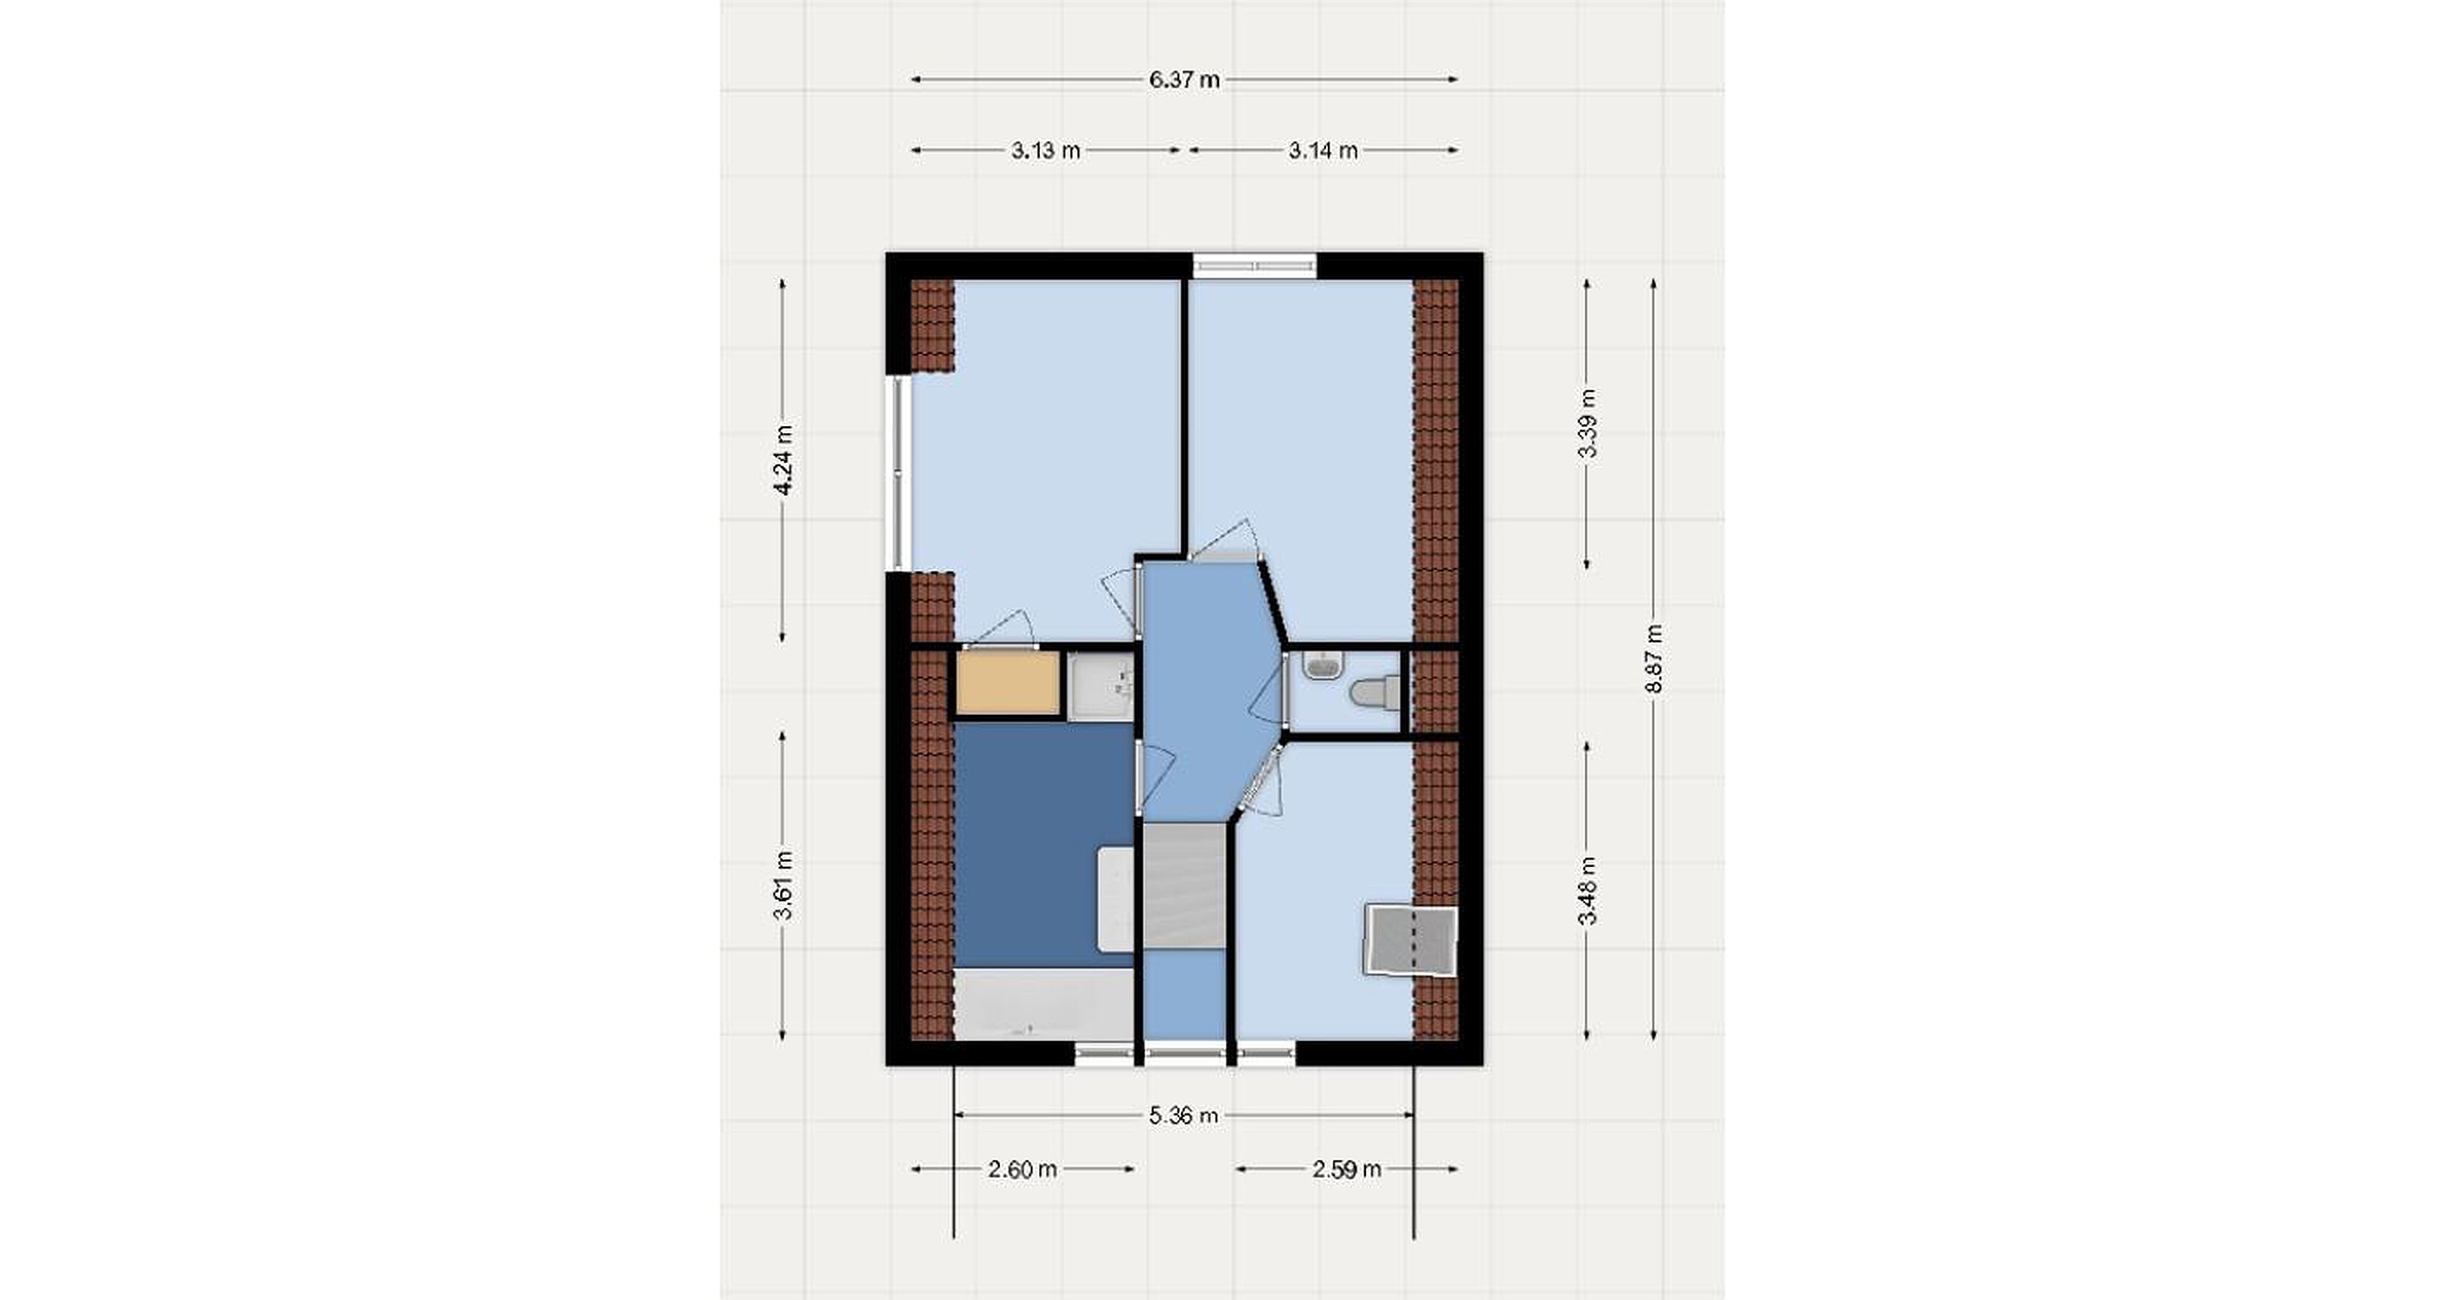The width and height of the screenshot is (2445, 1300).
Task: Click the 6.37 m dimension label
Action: (x=1183, y=80)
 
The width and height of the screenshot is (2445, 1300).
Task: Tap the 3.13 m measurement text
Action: (x=1045, y=150)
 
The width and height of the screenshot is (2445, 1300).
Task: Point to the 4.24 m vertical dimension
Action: (x=783, y=459)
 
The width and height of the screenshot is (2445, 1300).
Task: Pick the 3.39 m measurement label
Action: (x=1587, y=424)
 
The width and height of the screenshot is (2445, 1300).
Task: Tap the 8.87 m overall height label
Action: (x=1654, y=658)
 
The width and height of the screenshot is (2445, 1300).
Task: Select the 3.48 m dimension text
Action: (x=1587, y=890)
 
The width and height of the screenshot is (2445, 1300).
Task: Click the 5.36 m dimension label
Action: (x=1183, y=1115)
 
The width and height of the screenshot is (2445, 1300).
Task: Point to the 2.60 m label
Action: (x=1022, y=1169)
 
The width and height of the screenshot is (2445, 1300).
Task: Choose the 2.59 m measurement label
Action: (x=1346, y=1169)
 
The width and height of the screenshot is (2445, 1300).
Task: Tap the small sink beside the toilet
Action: (x=1321, y=666)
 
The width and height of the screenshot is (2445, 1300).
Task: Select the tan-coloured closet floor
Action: (x=1007, y=682)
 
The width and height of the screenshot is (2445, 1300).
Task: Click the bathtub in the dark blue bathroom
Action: (x=1044, y=1004)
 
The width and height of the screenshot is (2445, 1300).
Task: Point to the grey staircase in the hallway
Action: (x=1184, y=886)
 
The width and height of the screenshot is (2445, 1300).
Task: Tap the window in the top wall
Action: (x=1255, y=266)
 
